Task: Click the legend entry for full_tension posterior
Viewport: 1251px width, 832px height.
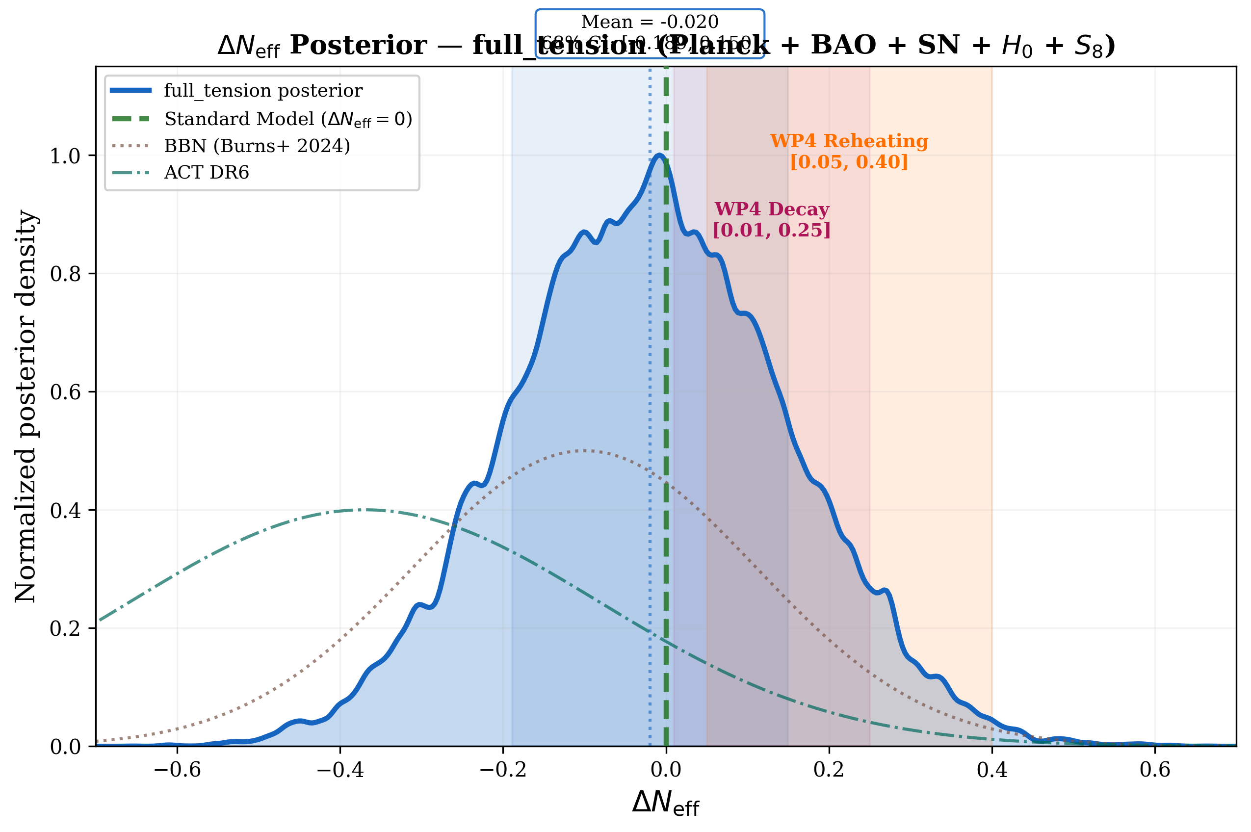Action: click(262, 91)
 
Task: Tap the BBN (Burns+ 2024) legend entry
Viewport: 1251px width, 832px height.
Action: click(257, 146)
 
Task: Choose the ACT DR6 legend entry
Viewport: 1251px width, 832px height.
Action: click(207, 173)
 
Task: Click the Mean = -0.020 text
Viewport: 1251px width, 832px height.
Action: click(650, 22)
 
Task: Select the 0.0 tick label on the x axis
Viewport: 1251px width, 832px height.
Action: click(666, 769)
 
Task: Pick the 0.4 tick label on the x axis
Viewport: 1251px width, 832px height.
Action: click(991, 769)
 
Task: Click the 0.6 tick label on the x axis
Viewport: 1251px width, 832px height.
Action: click(1154, 769)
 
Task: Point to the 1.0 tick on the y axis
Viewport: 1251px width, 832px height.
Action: click(65, 156)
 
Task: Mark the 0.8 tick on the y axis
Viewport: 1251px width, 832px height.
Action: click(65, 274)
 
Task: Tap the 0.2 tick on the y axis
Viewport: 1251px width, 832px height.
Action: click(65, 628)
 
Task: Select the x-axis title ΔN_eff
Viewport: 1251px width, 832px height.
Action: click(665, 803)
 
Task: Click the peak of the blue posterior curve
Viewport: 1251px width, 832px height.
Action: click(659, 155)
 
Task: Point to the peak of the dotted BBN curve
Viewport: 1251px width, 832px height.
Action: click(584, 450)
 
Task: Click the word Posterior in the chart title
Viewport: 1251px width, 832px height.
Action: click(358, 45)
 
